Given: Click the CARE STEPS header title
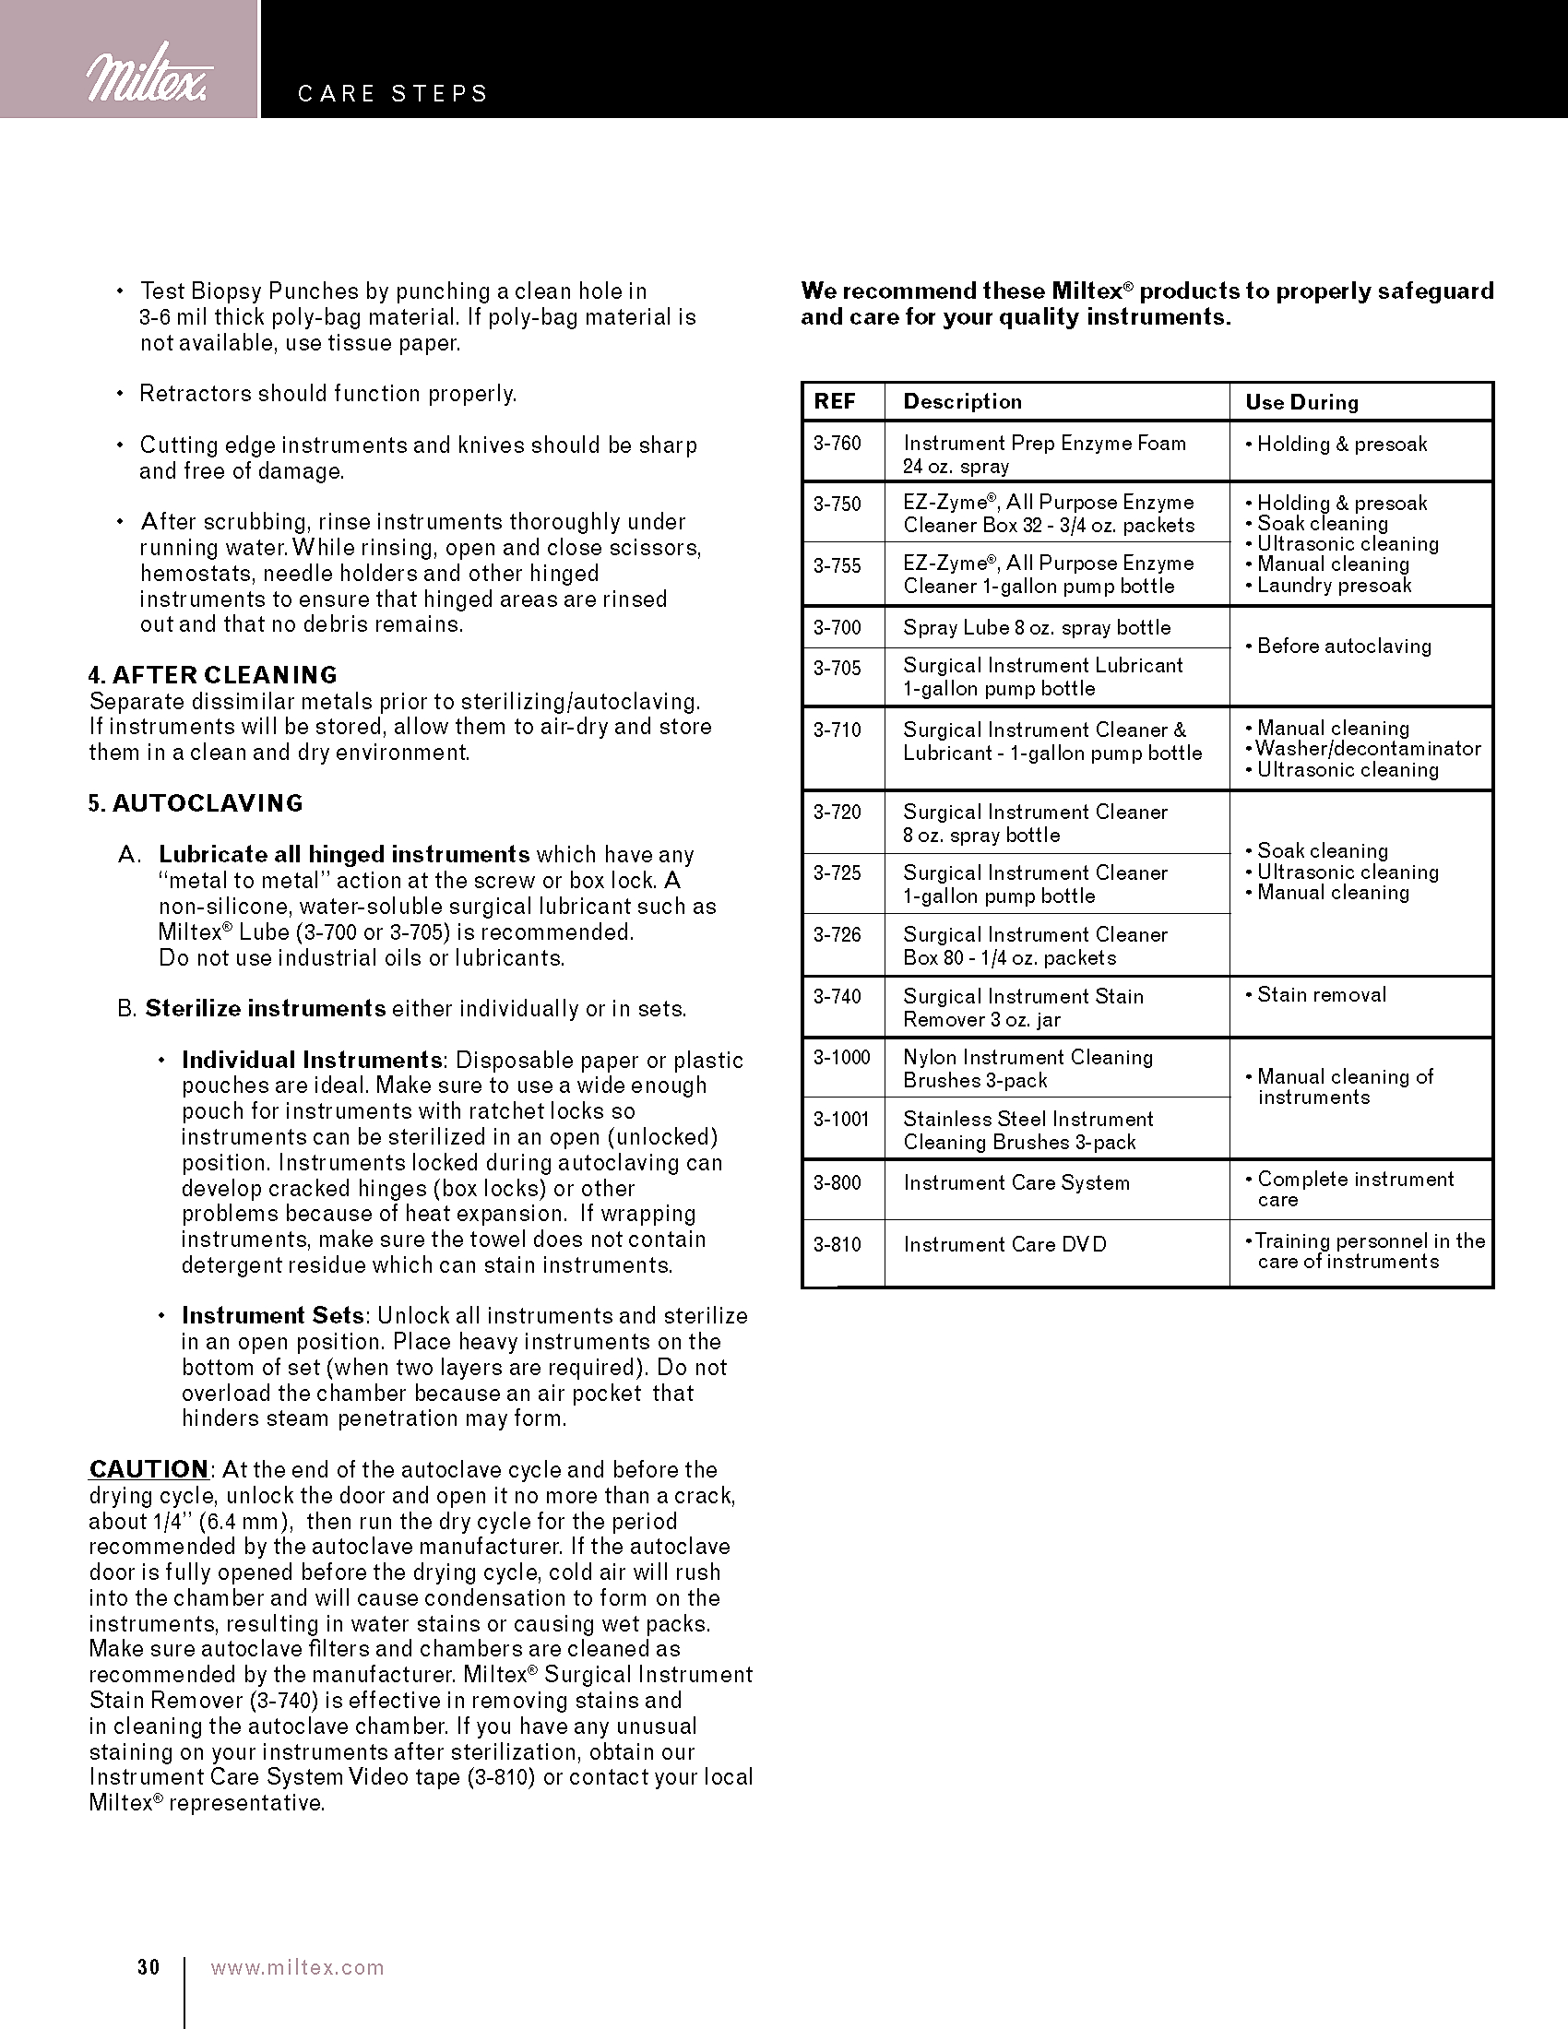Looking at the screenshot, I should [392, 94].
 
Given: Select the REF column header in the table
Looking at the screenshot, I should [834, 401].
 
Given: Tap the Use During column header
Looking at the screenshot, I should [1301, 402].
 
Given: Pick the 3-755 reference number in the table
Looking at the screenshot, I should [837, 565].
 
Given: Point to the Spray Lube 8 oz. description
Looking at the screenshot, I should [1036, 628].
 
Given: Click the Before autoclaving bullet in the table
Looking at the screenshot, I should [1343, 647].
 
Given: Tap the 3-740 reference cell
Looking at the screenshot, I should [837, 997].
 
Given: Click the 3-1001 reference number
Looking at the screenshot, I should [840, 1120].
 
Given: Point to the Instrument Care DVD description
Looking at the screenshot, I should [1004, 1245].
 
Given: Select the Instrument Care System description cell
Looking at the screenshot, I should [1016, 1183].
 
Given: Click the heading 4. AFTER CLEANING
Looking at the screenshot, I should [213, 674].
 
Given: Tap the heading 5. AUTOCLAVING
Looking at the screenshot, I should [196, 803].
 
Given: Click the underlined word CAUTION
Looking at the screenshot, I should [148, 1470].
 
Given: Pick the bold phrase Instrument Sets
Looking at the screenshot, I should [273, 1315].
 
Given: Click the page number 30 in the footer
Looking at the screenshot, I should [148, 1968].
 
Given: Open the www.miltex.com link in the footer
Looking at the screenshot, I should [297, 1968].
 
